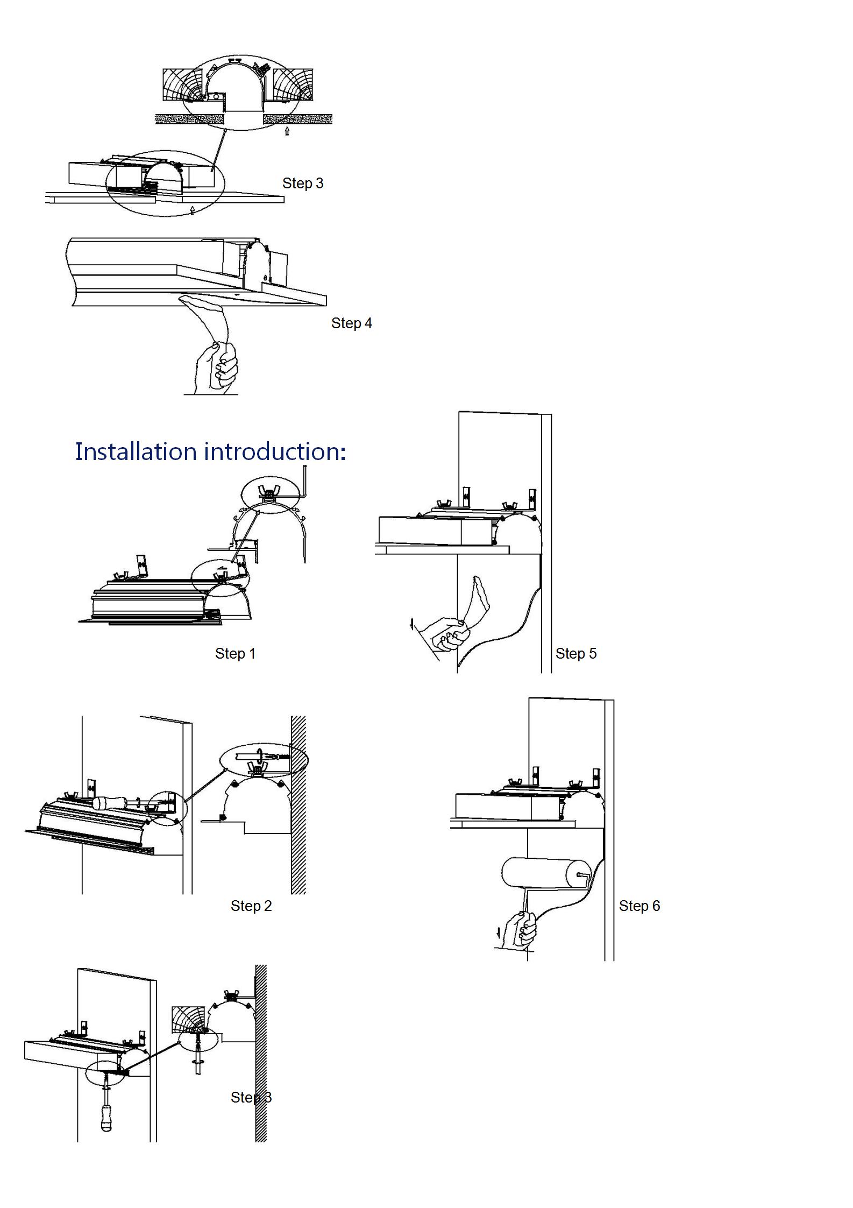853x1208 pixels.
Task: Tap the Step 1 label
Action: click(x=235, y=653)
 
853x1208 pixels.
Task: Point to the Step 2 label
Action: click(x=251, y=906)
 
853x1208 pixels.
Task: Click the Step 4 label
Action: click(x=351, y=323)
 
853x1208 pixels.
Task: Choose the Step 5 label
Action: click(x=575, y=653)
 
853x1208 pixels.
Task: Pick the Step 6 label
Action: click(x=639, y=906)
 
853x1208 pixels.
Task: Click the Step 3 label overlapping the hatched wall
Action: click(x=251, y=1097)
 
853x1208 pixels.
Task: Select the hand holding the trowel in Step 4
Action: click(x=216, y=366)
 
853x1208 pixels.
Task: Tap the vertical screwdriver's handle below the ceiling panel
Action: click(x=106, y=1118)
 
